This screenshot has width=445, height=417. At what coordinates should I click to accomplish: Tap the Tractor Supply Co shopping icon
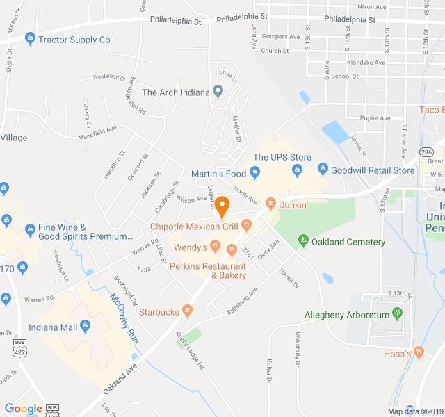point(29,40)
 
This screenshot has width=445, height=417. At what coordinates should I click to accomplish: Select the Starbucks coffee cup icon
point(186,312)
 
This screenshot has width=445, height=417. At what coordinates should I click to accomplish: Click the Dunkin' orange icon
point(270,205)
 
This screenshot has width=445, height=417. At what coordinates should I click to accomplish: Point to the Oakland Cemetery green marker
point(303,242)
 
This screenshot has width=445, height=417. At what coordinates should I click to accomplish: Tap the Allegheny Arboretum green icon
point(397,315)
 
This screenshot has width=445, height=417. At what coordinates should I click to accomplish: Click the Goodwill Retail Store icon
point(322,170)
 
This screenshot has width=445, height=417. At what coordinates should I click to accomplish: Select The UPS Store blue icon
point(297,170)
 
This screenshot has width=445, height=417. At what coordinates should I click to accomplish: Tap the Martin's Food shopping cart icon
point(254,173)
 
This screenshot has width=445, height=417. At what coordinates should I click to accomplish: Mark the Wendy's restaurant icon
point(216,247)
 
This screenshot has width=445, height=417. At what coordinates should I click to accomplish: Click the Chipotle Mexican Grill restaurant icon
point(246,226)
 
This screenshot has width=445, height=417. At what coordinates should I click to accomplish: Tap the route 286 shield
point(426,152)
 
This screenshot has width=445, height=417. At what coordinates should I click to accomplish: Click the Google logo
point(23,409)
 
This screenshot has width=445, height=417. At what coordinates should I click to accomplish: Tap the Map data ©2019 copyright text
point(414,411)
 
